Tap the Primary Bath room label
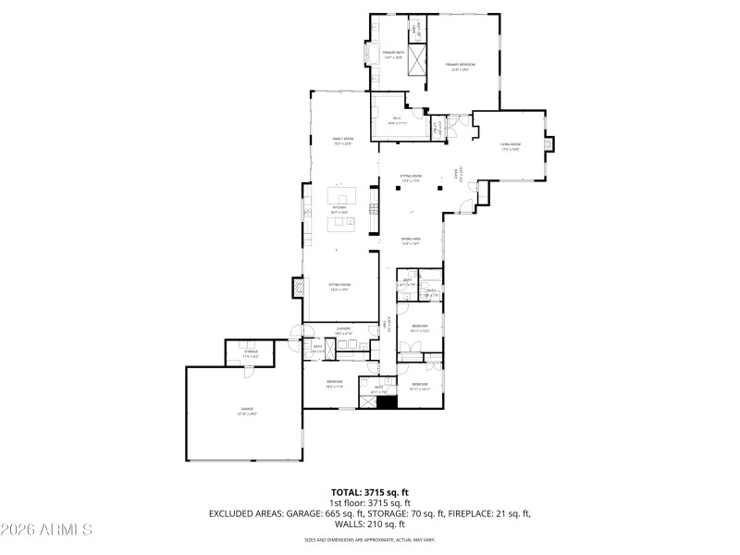pyautogui.click(x=394, y=55)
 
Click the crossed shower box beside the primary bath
pyautogui.click(x=419, y=62)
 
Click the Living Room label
pyautogui.click(x=511, y=146)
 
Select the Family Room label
pyautogui.click(x=343, y=142)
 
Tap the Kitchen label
pyautogui.click(x=339, y=210)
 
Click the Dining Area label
pyautogui.click(x=411, y=241)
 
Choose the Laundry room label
pyautogui.click(x=343, y=330)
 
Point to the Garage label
pyautogui.click(x=246, y=412)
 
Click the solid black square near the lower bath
pyautogui.click(x=387, y=403)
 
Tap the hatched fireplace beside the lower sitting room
pyautogui.click(x=298, y=289)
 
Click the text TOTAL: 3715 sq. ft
pyautogui.click(x=370, y=492)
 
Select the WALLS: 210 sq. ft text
pyautogui.click(x=370, y=524)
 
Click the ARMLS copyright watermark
pyautogui.click(x=46, y=530)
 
